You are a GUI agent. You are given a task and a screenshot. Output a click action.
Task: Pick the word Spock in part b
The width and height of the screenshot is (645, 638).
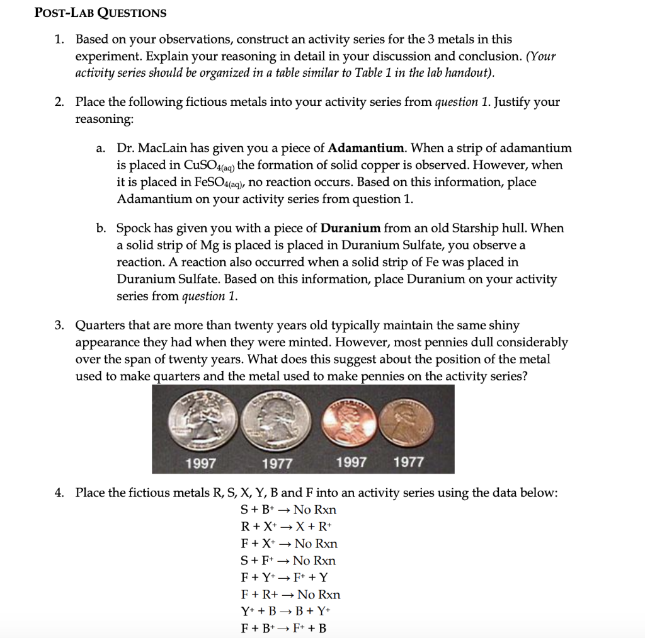[134, 228]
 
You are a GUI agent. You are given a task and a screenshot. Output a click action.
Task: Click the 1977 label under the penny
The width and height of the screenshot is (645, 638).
[408, 462]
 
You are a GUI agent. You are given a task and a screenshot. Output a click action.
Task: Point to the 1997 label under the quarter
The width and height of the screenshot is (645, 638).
[201, 464]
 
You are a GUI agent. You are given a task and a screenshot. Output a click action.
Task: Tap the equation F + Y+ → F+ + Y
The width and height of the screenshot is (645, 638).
[284, 578]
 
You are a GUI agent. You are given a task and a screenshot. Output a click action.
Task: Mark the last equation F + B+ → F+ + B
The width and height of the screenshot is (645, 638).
[284, 629]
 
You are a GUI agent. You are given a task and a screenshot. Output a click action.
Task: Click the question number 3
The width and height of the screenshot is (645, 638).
[59, 326]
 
